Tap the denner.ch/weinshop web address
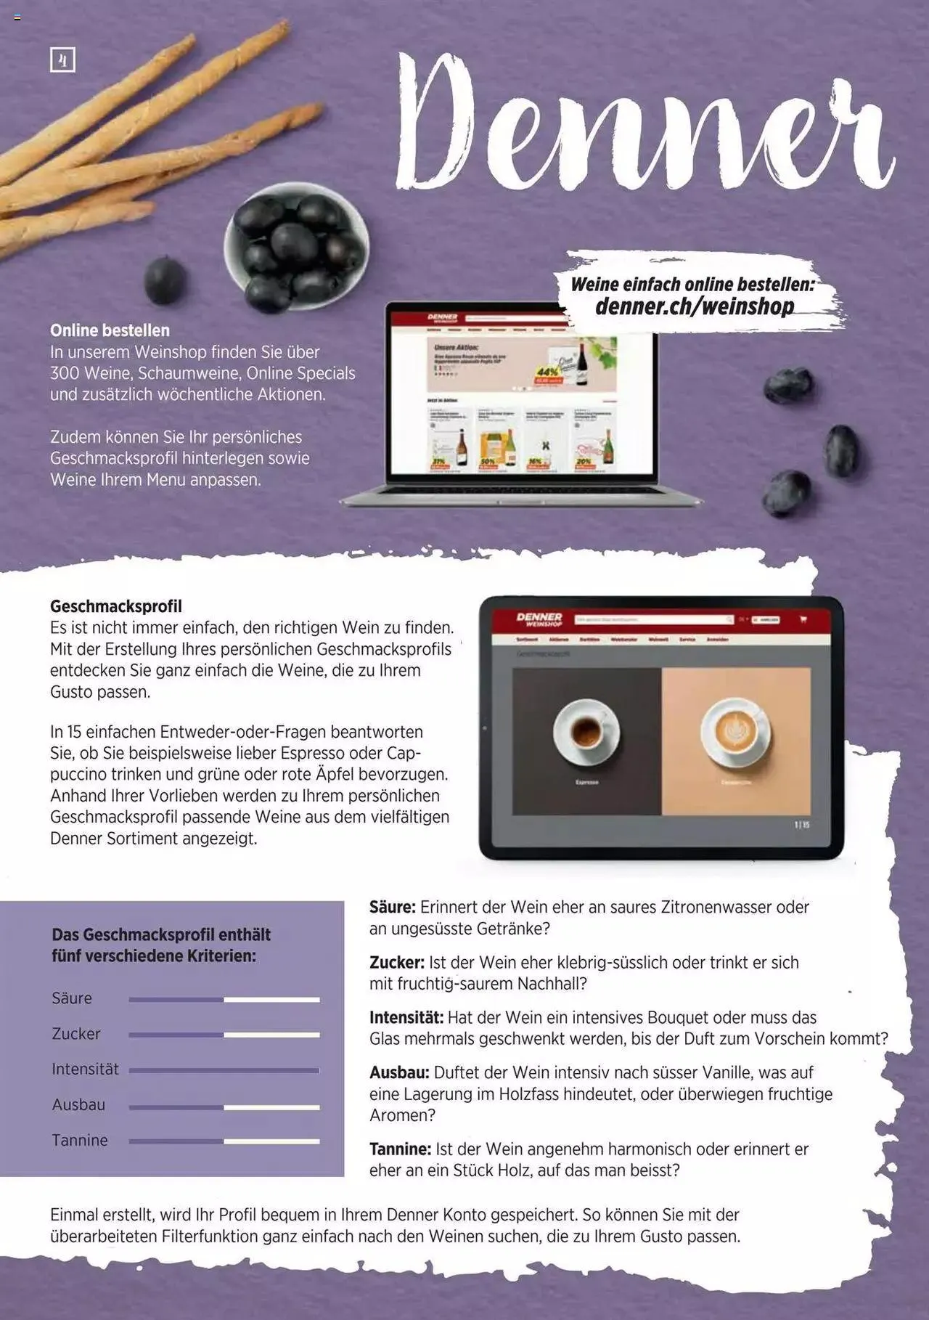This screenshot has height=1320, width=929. [x=694, y=306]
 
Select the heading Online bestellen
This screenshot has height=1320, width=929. [x=110, y=330]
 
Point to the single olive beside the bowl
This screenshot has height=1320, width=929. [x=165, y=280]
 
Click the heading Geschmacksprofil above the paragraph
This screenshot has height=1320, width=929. [x=116, y=606]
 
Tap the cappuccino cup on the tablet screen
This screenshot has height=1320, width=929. [x=735, y=732]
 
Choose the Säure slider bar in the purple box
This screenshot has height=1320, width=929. [x=224, y=1000]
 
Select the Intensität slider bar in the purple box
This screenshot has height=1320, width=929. [x=224, y=1070]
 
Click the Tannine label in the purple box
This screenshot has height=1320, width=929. [x=80, y=1140]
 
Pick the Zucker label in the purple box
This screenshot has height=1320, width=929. [x=76, y=1033]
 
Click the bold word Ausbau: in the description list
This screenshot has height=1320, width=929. [x=400, y=1072]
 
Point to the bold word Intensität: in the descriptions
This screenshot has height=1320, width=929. [x=406, y=1017]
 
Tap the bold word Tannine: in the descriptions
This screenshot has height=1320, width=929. [x=401, y=1149]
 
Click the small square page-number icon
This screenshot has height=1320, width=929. [x=62, y=60]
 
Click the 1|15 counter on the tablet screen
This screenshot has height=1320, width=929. [x=801, y=825]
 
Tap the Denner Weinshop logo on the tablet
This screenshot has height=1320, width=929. [x=539, y=619]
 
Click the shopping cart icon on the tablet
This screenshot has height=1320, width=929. [x=803, y=619]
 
